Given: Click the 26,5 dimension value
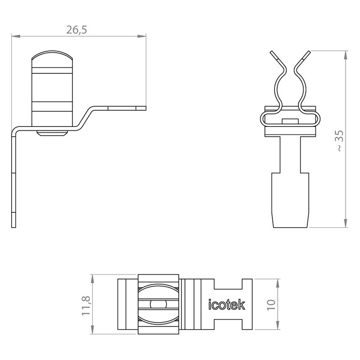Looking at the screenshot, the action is click(76, 30).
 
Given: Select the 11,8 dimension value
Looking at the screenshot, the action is click(86, 306).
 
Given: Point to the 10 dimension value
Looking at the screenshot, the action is click(271, 305).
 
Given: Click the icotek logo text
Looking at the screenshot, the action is click(226, 305).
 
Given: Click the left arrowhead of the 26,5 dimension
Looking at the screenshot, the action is click(16, 36).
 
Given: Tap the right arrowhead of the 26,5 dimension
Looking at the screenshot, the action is click(142, 36).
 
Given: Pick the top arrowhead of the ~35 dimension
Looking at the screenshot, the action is click(346, 55).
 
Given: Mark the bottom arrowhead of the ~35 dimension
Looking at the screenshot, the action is click(346, 223).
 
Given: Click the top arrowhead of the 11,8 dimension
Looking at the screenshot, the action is click(93, 279).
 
